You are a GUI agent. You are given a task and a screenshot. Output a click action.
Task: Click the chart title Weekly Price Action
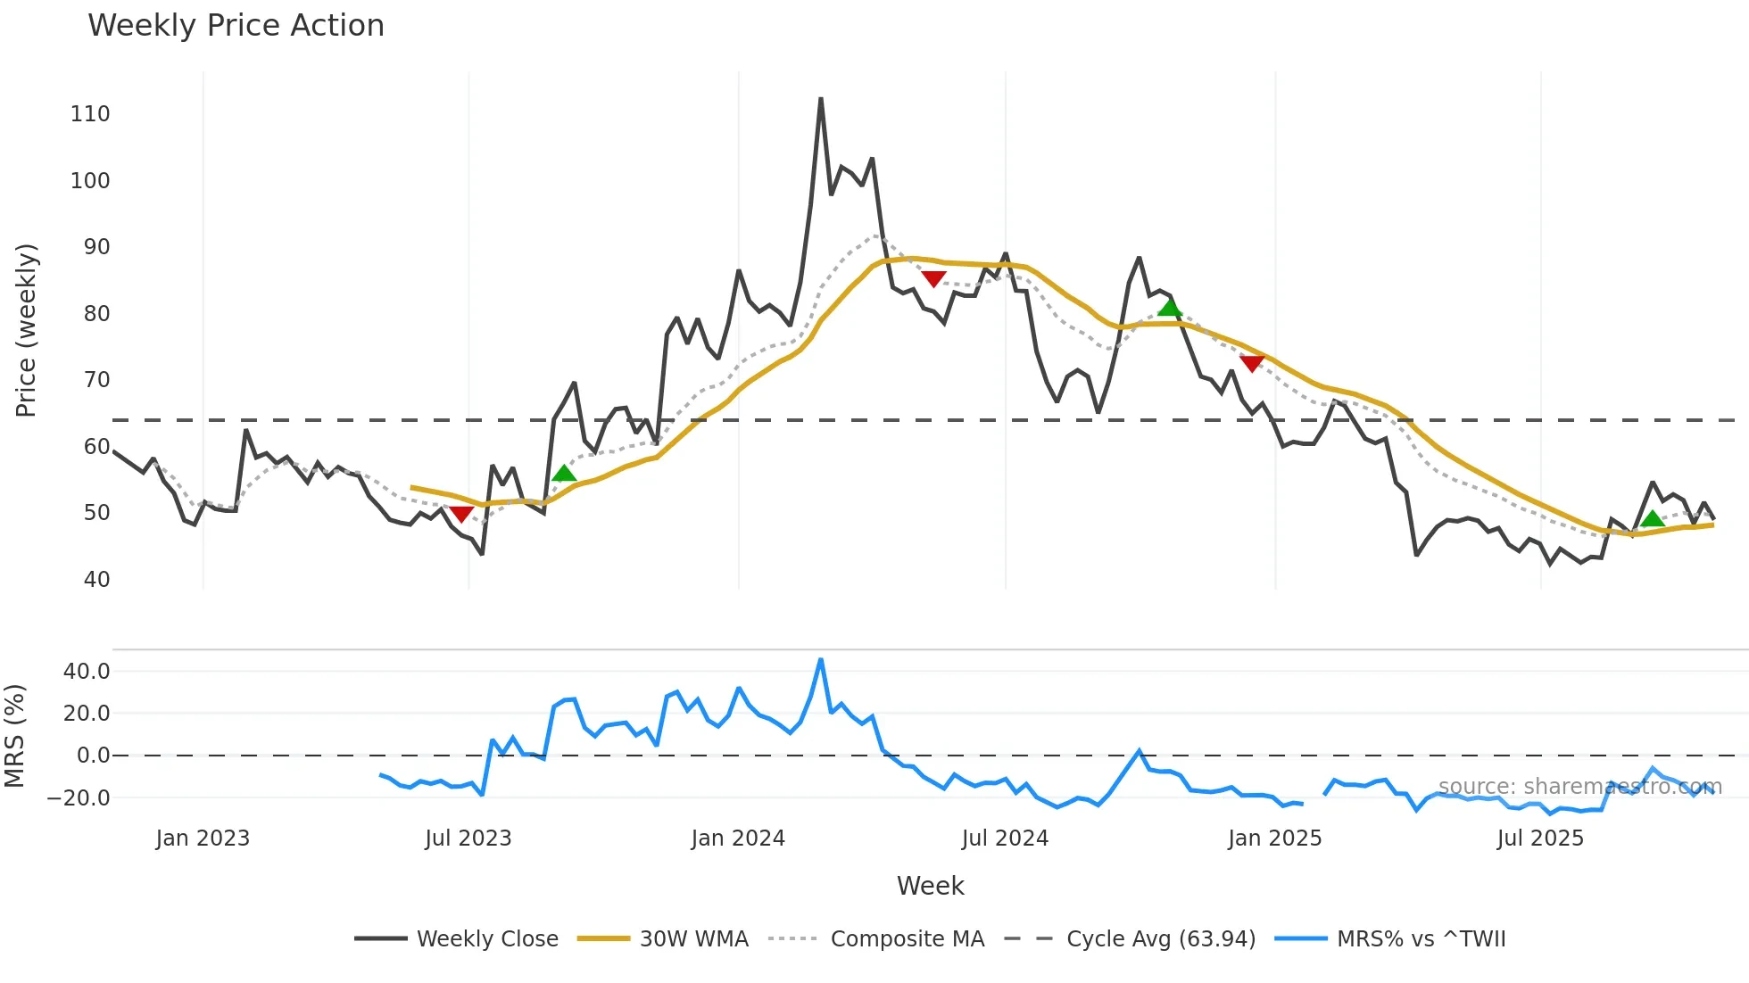(236, 26)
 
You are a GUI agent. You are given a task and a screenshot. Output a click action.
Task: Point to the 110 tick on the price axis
(90, 114)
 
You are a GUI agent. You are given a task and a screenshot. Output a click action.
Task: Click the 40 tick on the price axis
(96, 580)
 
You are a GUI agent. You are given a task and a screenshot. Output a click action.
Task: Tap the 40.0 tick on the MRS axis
(87, 672)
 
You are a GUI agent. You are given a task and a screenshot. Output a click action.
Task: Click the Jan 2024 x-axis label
(738, 838)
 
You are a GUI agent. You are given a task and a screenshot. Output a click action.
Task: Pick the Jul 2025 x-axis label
(1540, 838)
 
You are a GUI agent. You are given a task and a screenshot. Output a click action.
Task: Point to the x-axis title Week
(930, 886)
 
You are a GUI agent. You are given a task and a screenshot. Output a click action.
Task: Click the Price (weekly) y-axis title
(26, 330)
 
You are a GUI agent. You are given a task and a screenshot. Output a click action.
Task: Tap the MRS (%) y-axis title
(14, 736)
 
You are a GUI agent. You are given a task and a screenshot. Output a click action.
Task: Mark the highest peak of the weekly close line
(821, 99)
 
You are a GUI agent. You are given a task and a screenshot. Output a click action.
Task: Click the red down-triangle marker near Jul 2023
(461, 514)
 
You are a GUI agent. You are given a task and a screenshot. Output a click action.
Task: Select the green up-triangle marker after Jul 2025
(1653, 518)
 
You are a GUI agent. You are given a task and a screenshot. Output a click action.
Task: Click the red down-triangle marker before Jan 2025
(1252, 363)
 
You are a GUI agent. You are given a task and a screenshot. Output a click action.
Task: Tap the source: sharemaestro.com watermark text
(1579, 787)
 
